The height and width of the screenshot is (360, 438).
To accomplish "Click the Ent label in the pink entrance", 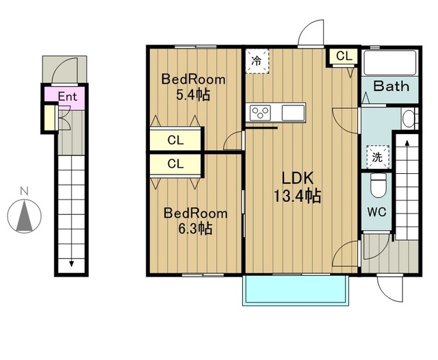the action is [x=67, y=97].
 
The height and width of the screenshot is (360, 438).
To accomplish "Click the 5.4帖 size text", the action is [x=193, y=95].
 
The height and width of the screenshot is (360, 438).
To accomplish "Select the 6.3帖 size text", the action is [x=195, y=229].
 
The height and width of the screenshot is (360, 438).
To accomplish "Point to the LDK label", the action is [x=297, y=178].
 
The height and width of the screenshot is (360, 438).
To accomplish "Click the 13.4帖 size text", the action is [x=297, y=196].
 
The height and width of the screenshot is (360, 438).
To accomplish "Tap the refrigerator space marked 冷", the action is [x=257, y=61].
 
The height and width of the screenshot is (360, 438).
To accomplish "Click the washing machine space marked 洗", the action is [x=377, y=157].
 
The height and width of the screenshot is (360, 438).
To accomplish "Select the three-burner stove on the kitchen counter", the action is [x=260, y=112].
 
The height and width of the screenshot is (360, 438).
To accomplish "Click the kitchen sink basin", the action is [x=293, y=112].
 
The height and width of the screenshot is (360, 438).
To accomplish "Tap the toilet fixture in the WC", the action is [x=378, y=185].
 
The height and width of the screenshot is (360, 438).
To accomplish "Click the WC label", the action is [x=376, y=212].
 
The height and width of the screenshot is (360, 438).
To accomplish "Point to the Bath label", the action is [x=391, y=86].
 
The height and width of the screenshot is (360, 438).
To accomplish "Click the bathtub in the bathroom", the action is [x=391, y=63].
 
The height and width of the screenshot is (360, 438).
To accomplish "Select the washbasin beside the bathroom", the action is [x=409, y=118].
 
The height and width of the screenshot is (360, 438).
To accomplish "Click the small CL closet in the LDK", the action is [x=344, y=56].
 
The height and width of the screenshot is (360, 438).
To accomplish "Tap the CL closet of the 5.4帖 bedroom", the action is [x=175, y=139].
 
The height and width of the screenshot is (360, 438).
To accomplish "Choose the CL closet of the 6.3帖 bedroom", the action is [x=175, y=164].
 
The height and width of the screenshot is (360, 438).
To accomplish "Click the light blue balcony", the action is [x=296, y=290].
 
